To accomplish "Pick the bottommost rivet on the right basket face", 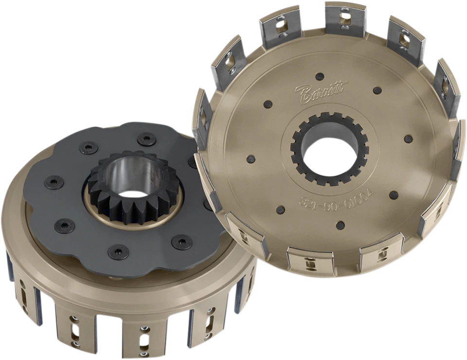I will [x=341, y=225].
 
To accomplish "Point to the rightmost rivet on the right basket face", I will [x=409, y=139].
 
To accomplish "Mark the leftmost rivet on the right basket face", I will [x=251, y=159].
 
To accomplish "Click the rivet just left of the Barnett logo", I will [x=268, y=104].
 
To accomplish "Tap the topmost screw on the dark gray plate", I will [x=146, y=140].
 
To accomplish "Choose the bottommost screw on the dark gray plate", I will [x=118, y=252].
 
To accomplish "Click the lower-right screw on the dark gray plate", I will [x=182, y=241].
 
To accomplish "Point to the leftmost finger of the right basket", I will [x=202, y=117].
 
